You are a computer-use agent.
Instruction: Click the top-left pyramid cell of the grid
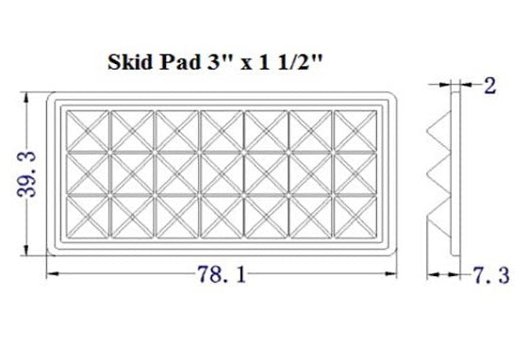[x=89, y=130]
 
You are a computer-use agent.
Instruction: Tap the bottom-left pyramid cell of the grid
[x=89, y=216]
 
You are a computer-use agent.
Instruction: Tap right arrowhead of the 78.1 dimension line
[x=395, y=274]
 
